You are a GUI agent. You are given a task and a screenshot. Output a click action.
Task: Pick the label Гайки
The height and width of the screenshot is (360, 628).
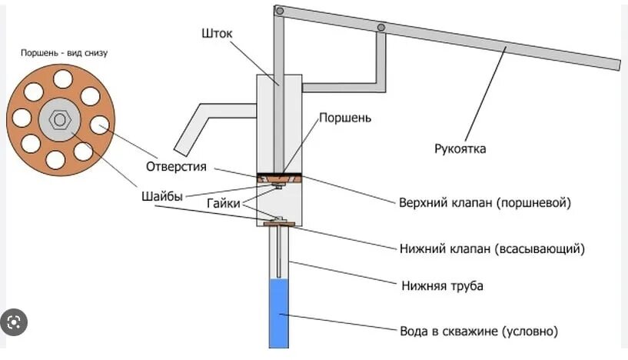click(223, 204)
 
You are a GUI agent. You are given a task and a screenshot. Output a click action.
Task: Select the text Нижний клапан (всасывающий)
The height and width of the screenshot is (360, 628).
click(493, 249)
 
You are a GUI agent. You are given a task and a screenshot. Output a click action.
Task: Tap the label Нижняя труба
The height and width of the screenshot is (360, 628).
click(442, 286)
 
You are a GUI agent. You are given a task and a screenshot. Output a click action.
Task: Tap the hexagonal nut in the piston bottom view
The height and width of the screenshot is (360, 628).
click(59, 121)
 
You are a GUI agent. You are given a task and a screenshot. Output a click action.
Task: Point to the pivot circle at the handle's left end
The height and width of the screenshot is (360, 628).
click(280, 12)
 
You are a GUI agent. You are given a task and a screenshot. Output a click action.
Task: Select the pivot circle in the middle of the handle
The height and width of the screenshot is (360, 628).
click(380, 28)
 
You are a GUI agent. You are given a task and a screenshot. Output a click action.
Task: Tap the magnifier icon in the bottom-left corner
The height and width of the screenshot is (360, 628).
click(14, 322)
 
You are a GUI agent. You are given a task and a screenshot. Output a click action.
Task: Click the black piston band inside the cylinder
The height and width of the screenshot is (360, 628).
click(279, 175)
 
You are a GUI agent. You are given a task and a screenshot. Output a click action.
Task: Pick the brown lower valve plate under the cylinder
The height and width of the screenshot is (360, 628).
click(278, 224)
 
